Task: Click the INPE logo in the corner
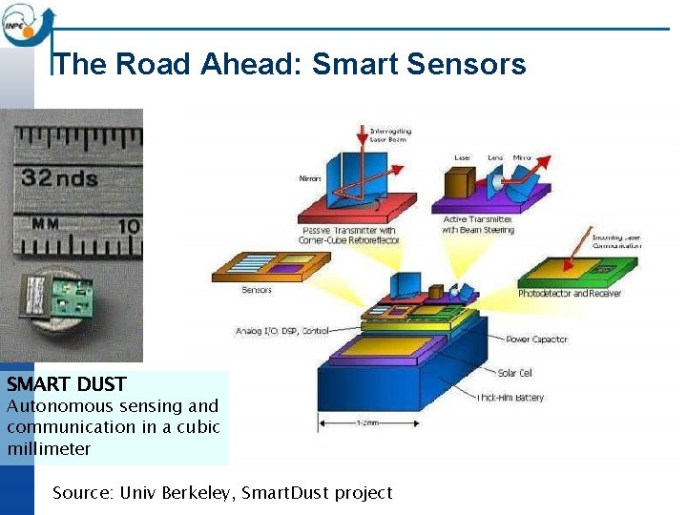27,23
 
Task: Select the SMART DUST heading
66,385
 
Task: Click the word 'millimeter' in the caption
49,448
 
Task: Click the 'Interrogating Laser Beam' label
390,134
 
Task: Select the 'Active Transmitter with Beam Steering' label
478,225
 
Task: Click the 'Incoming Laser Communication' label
616,241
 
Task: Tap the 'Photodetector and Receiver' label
569,294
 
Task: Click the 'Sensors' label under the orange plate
256,290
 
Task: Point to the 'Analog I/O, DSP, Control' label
281,331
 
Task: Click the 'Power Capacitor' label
536,340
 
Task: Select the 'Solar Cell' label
514,373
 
